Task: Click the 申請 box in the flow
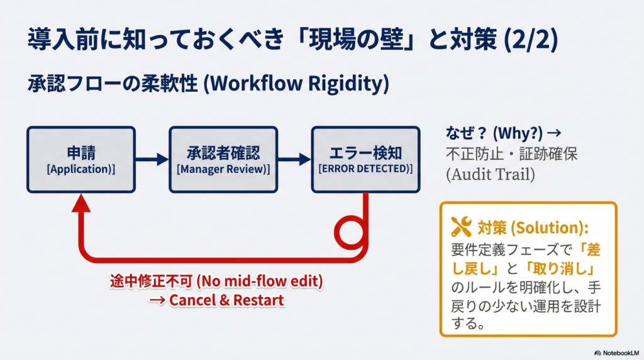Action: (x=81, y=159)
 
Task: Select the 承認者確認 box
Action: (x=223, y=159)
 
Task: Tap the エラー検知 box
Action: (x=365, y=159)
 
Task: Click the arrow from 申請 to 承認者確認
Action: (x=152, y=160)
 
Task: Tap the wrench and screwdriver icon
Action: (x=462, y=227)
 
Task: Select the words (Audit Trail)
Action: (x=490, y=174)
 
